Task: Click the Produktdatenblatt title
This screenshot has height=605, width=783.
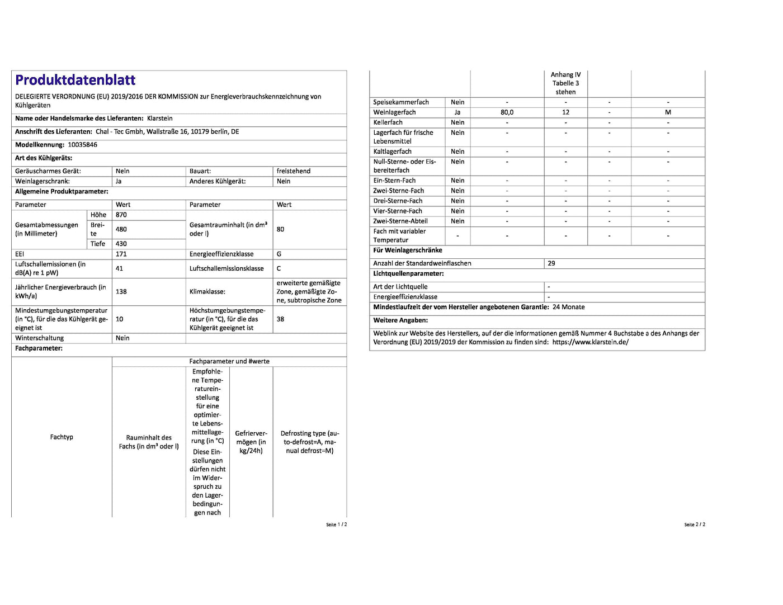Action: pos(75,80)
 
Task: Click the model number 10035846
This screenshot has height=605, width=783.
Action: pos(82,145)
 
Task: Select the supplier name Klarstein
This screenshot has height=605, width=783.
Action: pos(159,119)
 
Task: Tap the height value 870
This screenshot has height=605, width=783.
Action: pos(121,215)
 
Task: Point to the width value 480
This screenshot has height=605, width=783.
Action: pos(121,229)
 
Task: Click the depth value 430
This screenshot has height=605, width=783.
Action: pos(121,244)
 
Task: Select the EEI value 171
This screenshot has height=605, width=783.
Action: pos(121,254)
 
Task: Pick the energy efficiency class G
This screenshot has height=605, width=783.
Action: pos(279,254)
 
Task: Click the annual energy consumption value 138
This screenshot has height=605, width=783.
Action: pos(121,291)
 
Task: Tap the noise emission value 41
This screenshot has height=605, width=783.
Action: pos(120,268)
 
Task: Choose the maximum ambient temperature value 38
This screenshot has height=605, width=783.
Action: pos(280,319)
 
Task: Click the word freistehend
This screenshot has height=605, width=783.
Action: pos(293,171)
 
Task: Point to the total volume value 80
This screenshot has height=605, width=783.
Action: pos(280,229)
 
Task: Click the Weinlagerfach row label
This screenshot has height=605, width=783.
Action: pos(394,112)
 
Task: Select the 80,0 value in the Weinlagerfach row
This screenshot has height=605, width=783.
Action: pos(507,112)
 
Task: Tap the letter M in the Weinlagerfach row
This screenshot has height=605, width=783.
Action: pos(668,112)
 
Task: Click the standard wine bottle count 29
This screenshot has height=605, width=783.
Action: pos(551,263)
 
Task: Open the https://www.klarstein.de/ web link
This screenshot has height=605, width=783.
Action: pos(590,342)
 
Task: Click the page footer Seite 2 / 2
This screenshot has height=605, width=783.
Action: pos(695,524)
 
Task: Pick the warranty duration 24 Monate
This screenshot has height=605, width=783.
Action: pos(568,307)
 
